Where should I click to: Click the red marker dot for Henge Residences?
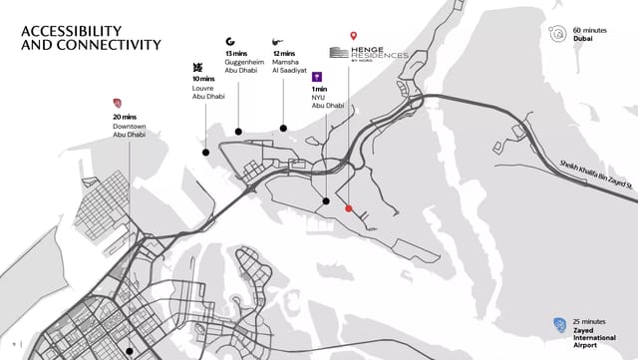tap(348, 208)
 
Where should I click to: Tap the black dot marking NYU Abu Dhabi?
tap(326, 201)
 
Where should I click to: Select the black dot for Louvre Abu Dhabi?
tap(206, 153)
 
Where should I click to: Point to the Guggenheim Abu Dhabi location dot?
tap(239, 131)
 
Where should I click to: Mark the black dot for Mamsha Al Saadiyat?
tap(284, 129)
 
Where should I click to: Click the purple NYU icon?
tap(317, 77)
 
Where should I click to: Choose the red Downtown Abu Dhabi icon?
tap(119, 103)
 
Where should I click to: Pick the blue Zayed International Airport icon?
tap(559, 323)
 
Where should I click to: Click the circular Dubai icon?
tap(555, 35)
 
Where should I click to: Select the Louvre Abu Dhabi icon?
tap(196, 67)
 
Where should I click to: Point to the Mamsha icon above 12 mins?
tap(276, 42)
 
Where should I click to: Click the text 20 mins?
tap(124, 116)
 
